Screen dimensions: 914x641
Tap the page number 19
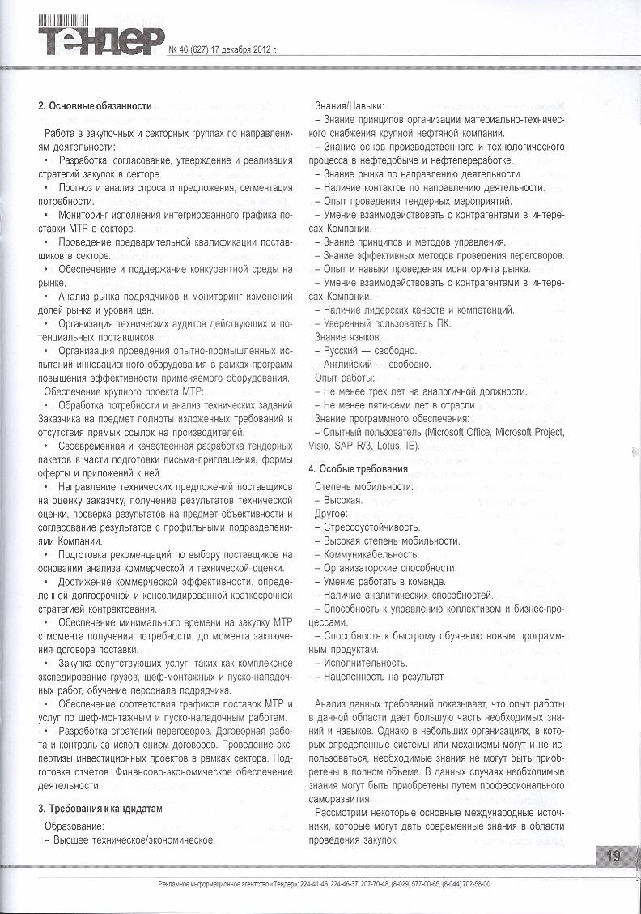[614, 856]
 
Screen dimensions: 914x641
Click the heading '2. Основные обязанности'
[96, 106]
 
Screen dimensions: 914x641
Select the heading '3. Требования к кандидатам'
[100, 809]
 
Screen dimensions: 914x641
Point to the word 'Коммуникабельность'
[371, 555]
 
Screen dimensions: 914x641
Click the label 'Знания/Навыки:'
[349, 106]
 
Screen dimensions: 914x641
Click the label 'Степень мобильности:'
[363, 486]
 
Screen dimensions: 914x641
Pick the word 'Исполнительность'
[365, 663]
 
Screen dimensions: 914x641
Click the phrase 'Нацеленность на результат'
[384, 677]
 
